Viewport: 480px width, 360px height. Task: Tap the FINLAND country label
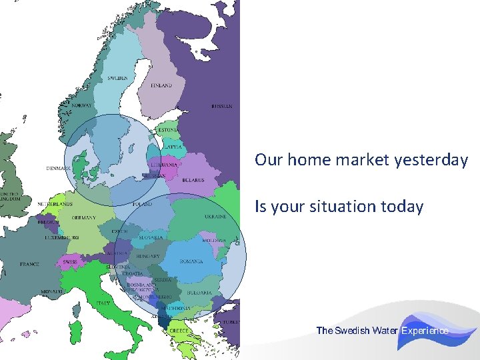pyautogui.click(x=161, y=85)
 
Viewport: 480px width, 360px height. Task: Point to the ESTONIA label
pyautogui.click(x=168, y=129)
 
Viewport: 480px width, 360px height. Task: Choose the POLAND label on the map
pyautogui.click(x=142, y=204)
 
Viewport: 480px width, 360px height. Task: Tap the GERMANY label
pyautogui.click(x=84, y=217)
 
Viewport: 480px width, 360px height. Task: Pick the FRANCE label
pyautogui.click(x=29, y=265)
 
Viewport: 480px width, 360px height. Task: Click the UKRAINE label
pyautogui.click(x=215, y=217)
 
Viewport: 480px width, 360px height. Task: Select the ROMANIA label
pyautogui.click(x=191, y=261)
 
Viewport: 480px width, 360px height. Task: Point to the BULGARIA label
pyautogui.click(x=199, y=293)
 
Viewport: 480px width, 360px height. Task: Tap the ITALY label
pyautogui.click(x=103, y=303)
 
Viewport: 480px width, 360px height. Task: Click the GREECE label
pyautogui.click(x=178, y=331)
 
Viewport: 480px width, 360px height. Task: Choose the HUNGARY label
pyautogui.click(x=148, y=256)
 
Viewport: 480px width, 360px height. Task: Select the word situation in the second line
pyautogui.click(x=342, y=207)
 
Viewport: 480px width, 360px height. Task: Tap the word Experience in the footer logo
pyautogui.click(x=425, y=331)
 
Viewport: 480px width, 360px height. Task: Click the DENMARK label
pyautogui.click(x=58, y=168)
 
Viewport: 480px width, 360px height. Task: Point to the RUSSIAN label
pyautogui.click(x=222, y=106)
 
